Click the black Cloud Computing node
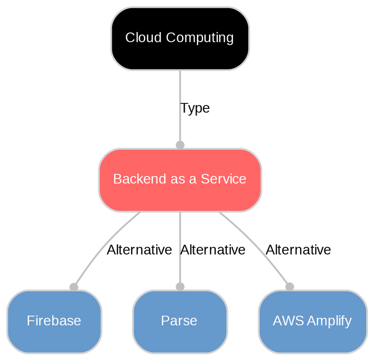click(180, 38)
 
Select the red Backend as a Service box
click(180, 180)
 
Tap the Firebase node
click(54, 321)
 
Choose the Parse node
click(179, 321)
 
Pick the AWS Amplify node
click(312, 321)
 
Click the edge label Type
click(195, 108)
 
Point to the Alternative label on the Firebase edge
click(139, 250)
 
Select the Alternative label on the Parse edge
click(213, 250)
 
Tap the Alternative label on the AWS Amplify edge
click(298, 250)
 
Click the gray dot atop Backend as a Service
click(180, 145)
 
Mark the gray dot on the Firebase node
click(74, 287)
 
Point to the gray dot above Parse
click(180, 287)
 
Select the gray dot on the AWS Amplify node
click(290, 287)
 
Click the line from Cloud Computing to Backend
click(180, 90)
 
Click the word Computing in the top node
click(200, 38)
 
